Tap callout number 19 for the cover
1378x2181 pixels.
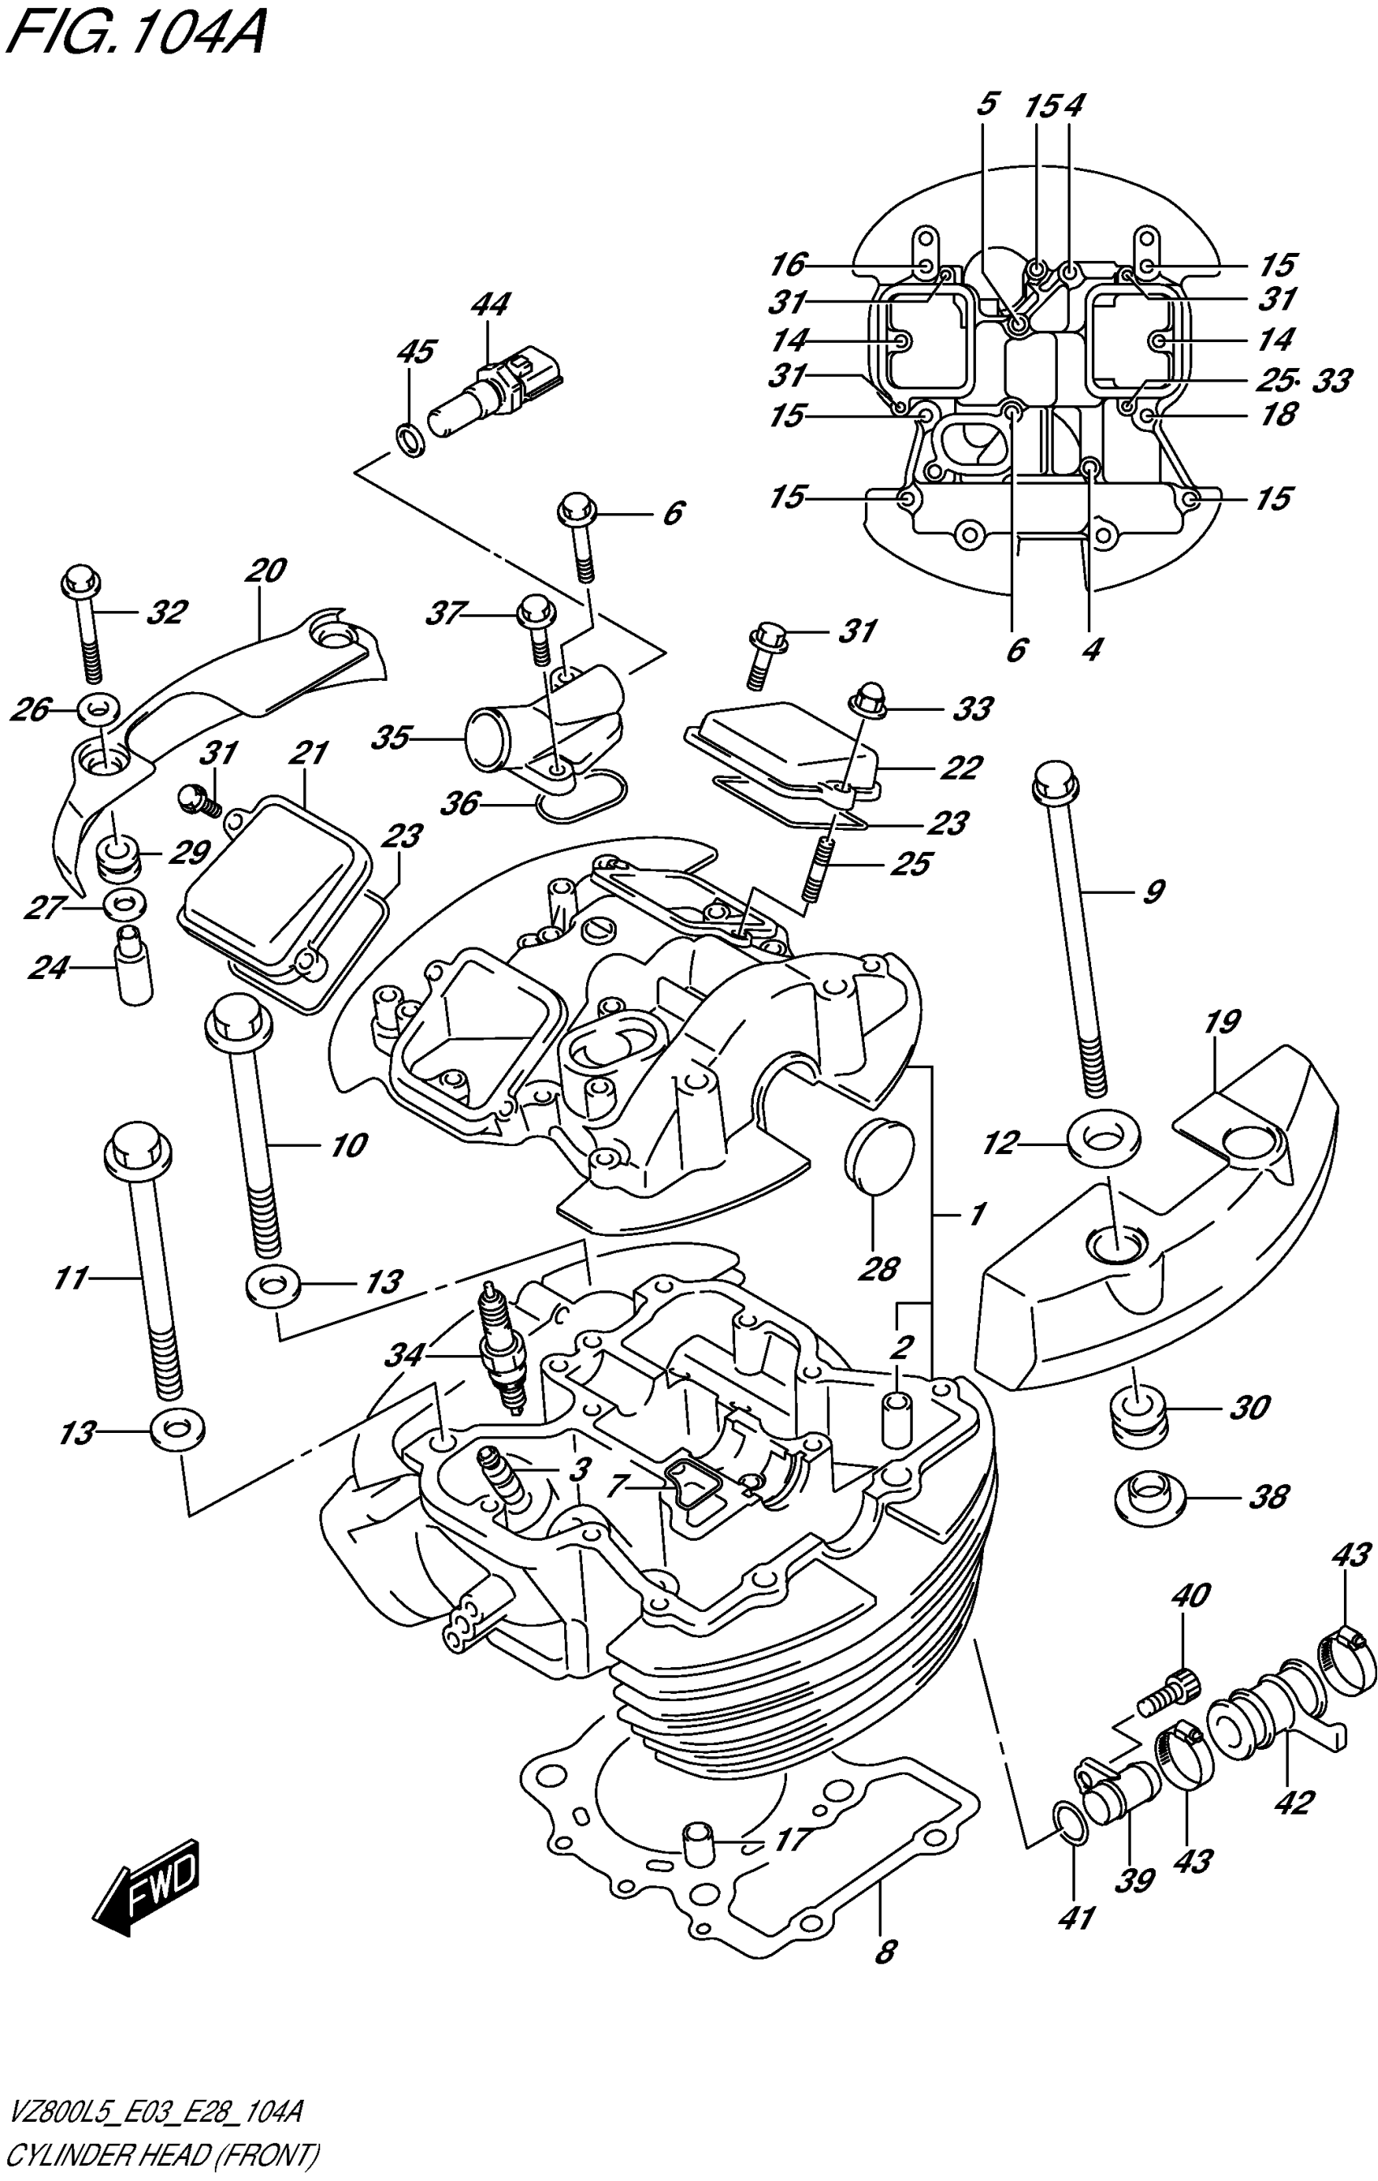[1222, 1023]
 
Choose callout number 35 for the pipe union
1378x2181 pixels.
[392, 738]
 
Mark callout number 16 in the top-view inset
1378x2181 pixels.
[788, 264]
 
